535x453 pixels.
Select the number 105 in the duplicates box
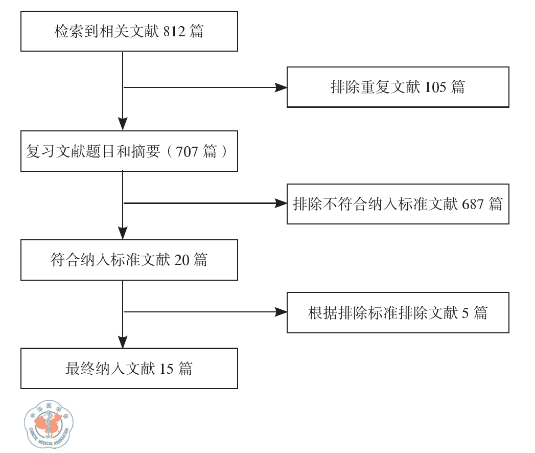(x=435, y=87)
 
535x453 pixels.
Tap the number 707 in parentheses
(x=187, y=152)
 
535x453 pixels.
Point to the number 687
(x=473, y=205)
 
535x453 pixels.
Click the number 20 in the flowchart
(x=182, y=260)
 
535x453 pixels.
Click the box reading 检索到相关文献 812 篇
(x=129, y=32)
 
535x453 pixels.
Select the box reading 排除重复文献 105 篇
(x=398, y=87)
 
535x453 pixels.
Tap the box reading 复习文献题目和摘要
(x=129, y=151)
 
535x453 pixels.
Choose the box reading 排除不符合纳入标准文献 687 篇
(x=398, y=204)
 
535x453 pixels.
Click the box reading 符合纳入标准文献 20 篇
(x=129, y=260)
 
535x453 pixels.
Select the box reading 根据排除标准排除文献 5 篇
(x=398, y=312)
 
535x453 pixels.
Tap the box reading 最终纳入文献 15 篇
(x=129, y=369)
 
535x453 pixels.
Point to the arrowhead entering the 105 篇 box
(x=281, y=87)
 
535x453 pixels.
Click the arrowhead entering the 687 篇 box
(x=281, y=203)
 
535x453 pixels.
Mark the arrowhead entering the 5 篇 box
(x=281, y=312)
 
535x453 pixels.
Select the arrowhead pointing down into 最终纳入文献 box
(x=123, y=342)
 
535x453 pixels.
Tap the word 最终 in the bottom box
(x=81, y=369)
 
